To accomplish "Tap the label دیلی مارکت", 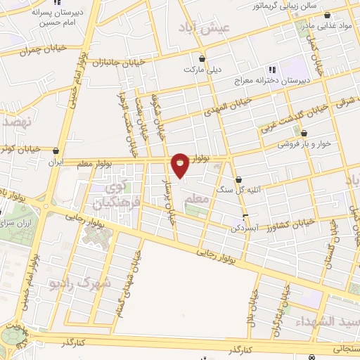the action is coord(198,70).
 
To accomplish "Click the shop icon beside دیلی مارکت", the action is coord(203,59).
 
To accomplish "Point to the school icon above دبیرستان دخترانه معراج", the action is coord(272,69).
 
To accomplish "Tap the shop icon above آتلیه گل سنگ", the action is coord(240,179).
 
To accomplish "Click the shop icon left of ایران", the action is coord(56,150).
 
